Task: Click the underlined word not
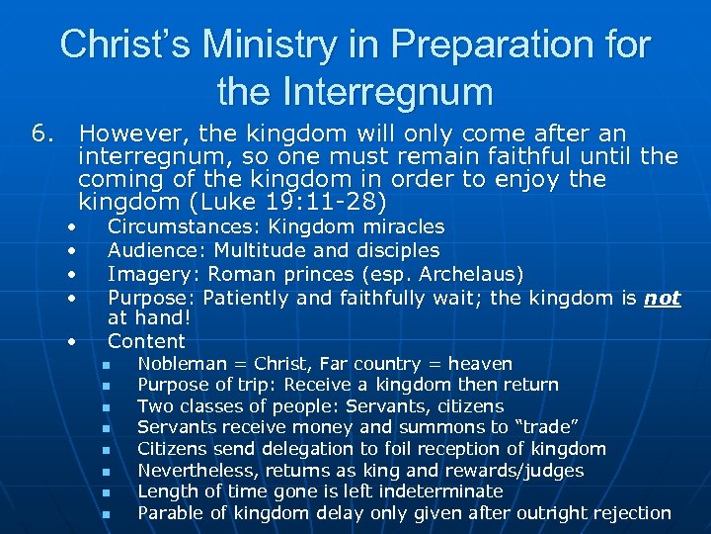click(662, 298)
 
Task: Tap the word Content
click(146, 341)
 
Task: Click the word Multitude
click(258, 250)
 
